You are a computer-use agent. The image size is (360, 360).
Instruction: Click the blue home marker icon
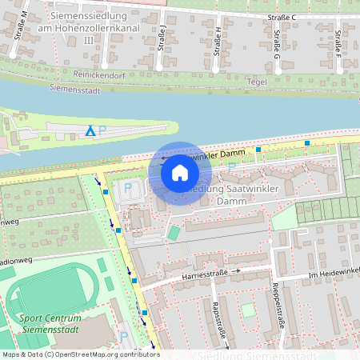[180, 173]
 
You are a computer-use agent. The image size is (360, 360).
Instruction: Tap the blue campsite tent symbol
[90, 130]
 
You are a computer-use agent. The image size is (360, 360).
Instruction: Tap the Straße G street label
[277, 40]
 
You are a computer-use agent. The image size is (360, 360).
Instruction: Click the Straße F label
[338, 40]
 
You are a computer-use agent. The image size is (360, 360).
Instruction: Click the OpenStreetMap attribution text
[80, 354]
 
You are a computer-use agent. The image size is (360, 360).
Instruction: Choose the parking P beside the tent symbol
[102, 130]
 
